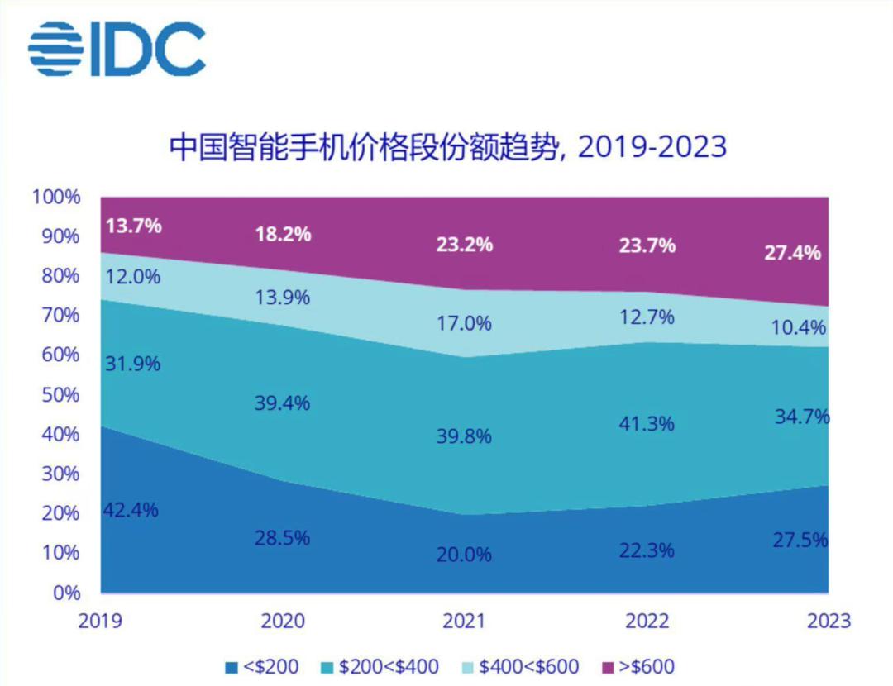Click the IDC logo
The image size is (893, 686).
[117, 49]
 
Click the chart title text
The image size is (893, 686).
[447, 146]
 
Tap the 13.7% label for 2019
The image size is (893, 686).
[133, 225]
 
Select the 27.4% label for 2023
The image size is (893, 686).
[793, 252]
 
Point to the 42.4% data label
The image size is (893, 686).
[130, 510]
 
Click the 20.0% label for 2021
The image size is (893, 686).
[464, 554]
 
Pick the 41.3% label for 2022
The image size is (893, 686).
[647, 424]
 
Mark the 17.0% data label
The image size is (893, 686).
[464, 322]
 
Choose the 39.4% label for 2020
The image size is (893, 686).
[282, 403]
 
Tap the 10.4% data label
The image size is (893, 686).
[798, 327]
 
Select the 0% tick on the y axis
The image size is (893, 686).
[65, 593]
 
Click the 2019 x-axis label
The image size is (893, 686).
[101, 620]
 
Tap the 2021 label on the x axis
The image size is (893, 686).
[464, 620]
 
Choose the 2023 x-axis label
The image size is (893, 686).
[828, 620]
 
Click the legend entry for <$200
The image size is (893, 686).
[261, 665]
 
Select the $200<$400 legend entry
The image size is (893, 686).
[381, 665]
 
